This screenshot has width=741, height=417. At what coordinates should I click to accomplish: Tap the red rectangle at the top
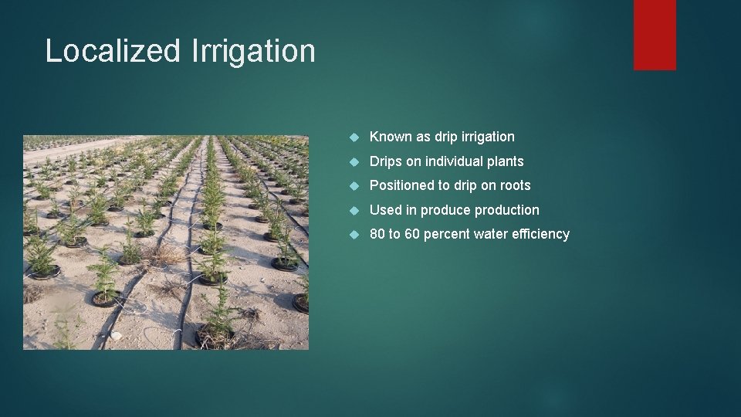pyautogui.click(x=655, y=35)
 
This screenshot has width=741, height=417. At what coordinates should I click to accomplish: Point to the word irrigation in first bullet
pyautogui.click(x=488, y=137)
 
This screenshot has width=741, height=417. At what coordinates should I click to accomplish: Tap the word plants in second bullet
pyautogui.click(x=506, y=161)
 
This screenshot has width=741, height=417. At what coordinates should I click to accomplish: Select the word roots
pyautogui.click(x=516, y=185)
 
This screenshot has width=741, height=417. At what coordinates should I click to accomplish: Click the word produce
pyautogui.click(x=445, y=210)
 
